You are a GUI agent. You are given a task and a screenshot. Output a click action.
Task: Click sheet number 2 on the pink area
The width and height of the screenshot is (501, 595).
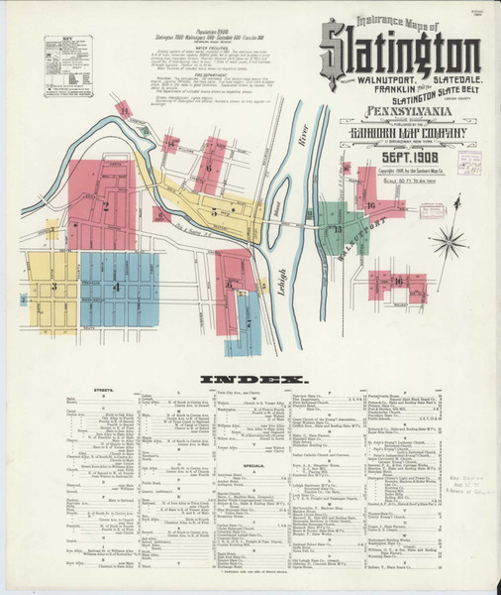(104, 206)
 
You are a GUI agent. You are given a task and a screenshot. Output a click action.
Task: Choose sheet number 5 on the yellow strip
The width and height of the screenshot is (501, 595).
(214, 212)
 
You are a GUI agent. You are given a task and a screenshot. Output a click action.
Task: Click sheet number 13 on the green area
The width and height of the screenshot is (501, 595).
(337, 229)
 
